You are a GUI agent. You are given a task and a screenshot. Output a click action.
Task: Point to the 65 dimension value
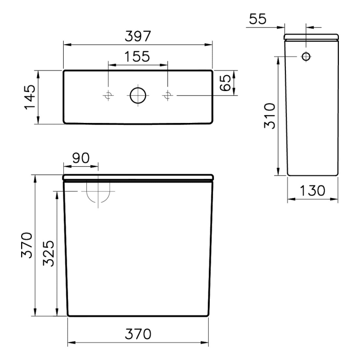pyautogui.click(x=225, y=82)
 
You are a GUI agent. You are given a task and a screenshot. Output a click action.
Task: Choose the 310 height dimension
pyautogui.click(x=269, y=116)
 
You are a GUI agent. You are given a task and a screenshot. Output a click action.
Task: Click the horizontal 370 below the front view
pyautogui.click(x=137, y=334)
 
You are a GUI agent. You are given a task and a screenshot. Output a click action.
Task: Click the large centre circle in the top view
pyautogui.click(x=138, y=95)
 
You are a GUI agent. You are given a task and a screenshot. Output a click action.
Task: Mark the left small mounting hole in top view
pyautogui.click(x=108, y=95)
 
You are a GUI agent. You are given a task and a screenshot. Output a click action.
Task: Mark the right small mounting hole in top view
pyautogui.click(x=168, y=95)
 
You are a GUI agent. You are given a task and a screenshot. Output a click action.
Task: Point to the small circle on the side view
pyautogui.click(x=306, y=56)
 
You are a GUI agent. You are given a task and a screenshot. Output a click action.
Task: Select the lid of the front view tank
pyautogui.click(x=137, y=177)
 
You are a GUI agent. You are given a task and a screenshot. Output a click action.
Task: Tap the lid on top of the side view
pyautogui.click(x=312, y=37)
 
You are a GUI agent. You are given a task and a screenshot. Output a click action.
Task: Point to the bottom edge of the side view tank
pyautogui.click(x=312, y=175)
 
